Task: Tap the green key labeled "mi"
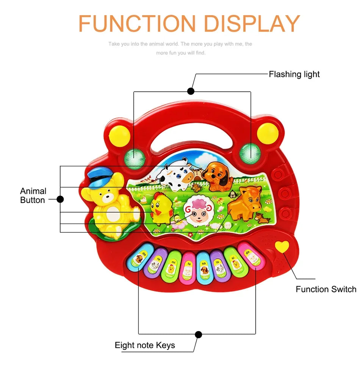tap(172, 266)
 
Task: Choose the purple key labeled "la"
tap(219, 265)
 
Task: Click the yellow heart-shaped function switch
tap(282, 247)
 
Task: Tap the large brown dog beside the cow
tap(218, 175)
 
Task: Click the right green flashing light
tap(249, 152)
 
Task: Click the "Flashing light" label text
tap(294, 74)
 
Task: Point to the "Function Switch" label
tap(326, 289)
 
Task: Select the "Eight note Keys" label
tap(145, 345)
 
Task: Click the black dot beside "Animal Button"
tap(60, 199)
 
